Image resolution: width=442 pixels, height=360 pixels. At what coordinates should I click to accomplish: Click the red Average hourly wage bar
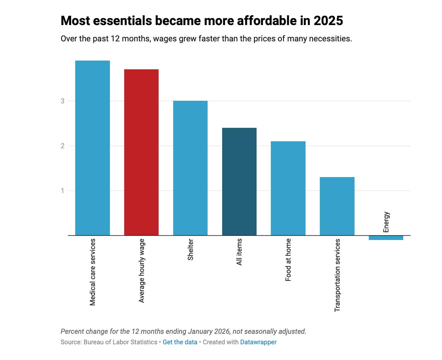point(141,152)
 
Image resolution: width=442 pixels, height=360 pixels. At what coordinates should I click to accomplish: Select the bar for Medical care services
point(92,148)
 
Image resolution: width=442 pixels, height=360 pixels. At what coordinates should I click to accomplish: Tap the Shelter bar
point(190,168)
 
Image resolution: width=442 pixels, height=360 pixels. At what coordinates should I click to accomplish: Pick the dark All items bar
point(239,182)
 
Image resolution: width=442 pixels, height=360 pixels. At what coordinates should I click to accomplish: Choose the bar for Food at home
point(288,188)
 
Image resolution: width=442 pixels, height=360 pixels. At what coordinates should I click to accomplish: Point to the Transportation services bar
point(337,206)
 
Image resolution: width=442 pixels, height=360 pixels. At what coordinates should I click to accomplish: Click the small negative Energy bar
point(386,238)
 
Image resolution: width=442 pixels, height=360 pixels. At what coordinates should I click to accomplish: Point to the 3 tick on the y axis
point(63,101)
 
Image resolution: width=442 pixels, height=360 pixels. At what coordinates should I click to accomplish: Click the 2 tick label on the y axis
point(63,146)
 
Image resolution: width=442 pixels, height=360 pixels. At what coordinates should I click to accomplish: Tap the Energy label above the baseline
point(386,222)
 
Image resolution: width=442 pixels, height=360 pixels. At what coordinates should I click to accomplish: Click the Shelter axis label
point(190,250)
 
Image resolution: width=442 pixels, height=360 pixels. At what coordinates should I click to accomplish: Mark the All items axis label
point(239,252)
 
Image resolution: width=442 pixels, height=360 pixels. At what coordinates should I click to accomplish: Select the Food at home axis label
point(288,260)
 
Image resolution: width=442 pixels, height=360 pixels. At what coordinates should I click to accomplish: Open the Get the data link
point(180,342)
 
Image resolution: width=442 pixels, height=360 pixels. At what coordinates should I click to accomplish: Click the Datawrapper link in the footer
point(258,342)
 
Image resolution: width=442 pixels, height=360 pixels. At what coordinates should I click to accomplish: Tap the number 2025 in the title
point(328,21)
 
